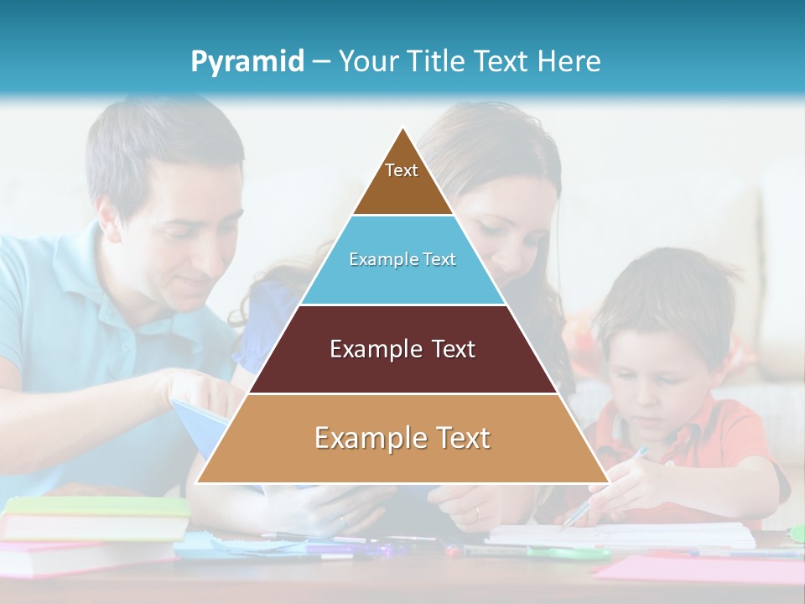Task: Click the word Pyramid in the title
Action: click(x=247, y=61)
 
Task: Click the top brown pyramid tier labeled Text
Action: click(x=402, y=180)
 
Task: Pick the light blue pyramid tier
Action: click(x=402, y=260)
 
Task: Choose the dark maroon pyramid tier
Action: click(x=402, y=349)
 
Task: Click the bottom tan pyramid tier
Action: click(x=402, y=438)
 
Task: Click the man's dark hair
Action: click(x=159, y=147)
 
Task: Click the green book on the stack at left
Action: click(x=96, y=506)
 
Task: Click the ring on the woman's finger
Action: click(x=476, y=513)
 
